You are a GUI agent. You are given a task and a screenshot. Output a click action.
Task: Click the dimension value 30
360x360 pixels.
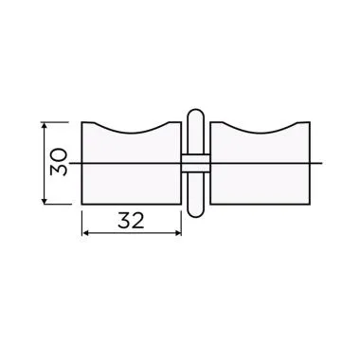(60, 162)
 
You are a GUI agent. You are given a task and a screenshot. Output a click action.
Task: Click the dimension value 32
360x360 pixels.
(131, 223)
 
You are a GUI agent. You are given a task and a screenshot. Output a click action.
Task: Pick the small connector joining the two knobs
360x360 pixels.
(194, 163)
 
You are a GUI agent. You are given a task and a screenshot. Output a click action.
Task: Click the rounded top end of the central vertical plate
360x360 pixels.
(194, 114)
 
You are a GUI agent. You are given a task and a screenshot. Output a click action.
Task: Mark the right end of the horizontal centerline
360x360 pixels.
(324, 163)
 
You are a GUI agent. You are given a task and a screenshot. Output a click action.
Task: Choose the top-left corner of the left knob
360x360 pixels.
(83, 122)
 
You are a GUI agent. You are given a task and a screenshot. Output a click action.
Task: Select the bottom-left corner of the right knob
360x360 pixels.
(208, 204)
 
